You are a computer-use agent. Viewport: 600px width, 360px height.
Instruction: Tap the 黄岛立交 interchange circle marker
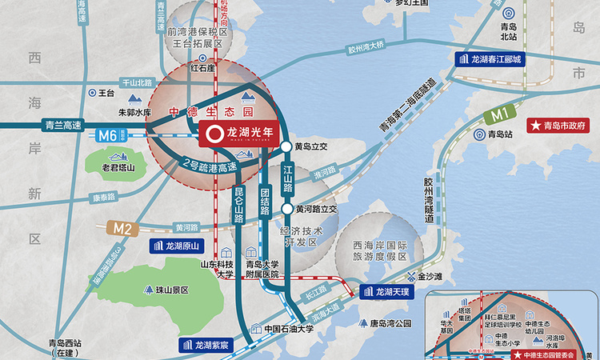(x=286, y=146)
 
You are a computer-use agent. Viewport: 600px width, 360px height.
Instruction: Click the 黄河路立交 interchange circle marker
(x=286, y=210)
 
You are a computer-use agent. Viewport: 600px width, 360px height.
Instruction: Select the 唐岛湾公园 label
(x=390, y=324)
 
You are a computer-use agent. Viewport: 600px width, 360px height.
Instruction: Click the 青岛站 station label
(x=500, y=135)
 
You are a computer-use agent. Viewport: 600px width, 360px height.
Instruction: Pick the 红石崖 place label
(x=204, y=69)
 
